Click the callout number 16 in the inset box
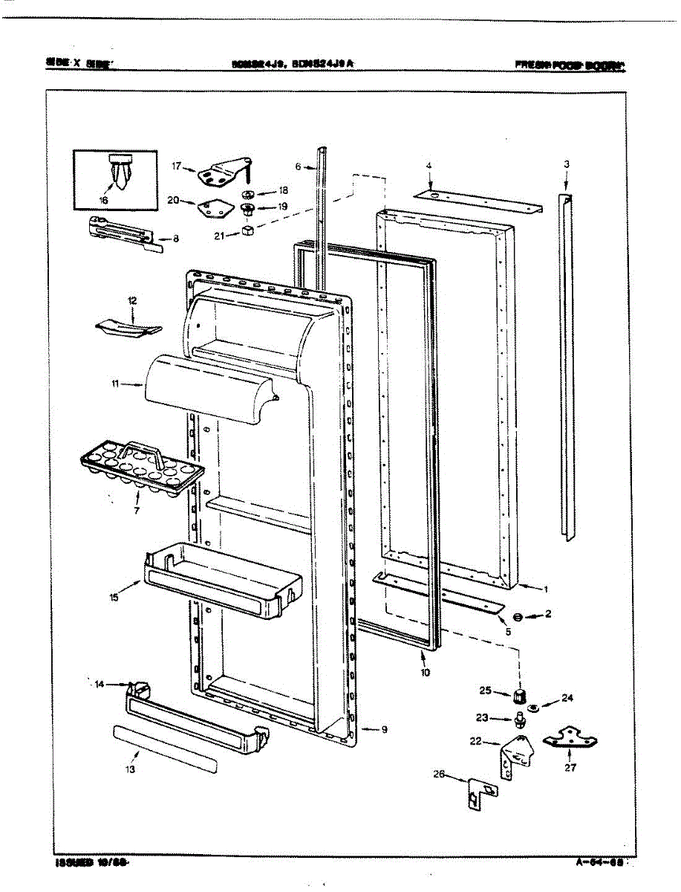(102, 200)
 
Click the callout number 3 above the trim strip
(566, 164)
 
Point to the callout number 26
(439, 774)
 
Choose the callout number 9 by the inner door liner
(385, 729)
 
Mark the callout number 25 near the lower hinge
(485, 691)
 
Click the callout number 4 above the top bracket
(429, 166)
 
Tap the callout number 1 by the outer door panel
(545, 589)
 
